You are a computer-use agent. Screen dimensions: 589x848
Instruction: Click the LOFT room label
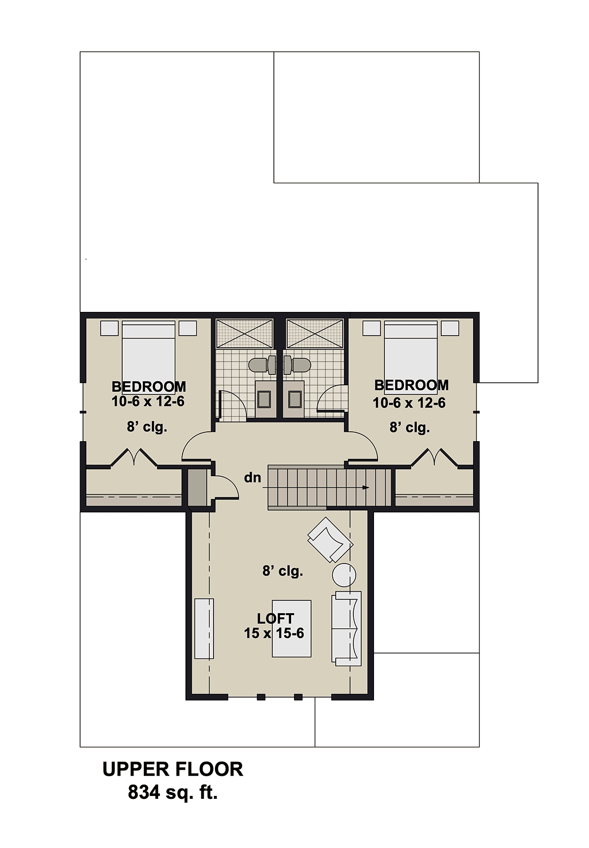[x=275, y=619]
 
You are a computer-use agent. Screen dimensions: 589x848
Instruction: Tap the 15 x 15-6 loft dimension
[x=274, y=633]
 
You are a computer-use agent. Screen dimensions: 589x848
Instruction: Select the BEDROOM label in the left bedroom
[x=149, y=387]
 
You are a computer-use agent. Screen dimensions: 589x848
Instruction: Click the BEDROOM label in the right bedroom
[x=411, y=385]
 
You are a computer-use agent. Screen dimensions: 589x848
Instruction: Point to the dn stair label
[x=253, y=477]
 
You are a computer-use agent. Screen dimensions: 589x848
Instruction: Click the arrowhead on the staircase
[x=366, y=488]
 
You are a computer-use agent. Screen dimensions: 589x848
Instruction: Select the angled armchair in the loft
[x=330, y=539]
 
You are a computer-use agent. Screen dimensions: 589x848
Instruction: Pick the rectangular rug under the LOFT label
[x=292, y=628]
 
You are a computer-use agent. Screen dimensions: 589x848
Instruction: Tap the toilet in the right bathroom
[x=297, y=365]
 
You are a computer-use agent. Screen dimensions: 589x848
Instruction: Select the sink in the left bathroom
[x=265, y=399]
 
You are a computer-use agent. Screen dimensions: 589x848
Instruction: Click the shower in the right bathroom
[x=314, y=334]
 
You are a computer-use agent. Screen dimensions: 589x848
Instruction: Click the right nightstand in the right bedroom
[x=450, y=328]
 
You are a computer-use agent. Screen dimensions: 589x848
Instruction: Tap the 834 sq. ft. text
[x=173, y=792]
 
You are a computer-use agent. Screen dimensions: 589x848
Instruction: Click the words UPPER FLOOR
[x=173, y=769]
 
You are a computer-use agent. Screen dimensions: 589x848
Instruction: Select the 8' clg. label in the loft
[x=283, y=571]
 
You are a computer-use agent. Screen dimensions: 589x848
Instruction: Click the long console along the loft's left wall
[x=204, y=628]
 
